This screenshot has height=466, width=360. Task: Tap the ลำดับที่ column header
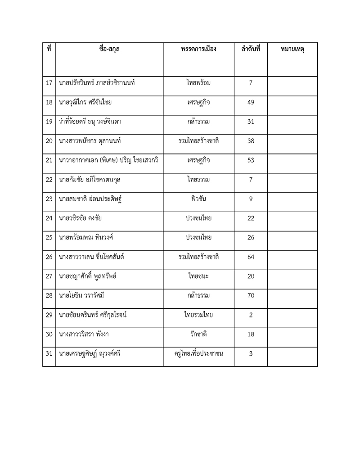(251, 49)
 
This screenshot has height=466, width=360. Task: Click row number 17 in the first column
(49, 83)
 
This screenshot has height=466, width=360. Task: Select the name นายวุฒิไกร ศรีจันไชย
(85, 103)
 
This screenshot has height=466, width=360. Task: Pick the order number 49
(251, 103)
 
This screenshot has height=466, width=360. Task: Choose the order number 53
(251, 160)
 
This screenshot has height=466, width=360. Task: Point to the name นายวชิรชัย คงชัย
(80, 218)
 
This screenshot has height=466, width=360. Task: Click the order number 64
(251, 257)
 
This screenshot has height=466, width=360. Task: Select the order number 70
(251, 295)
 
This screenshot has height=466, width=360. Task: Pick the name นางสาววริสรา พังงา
(84, 334)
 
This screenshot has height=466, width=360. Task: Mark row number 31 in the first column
(49, 353)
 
